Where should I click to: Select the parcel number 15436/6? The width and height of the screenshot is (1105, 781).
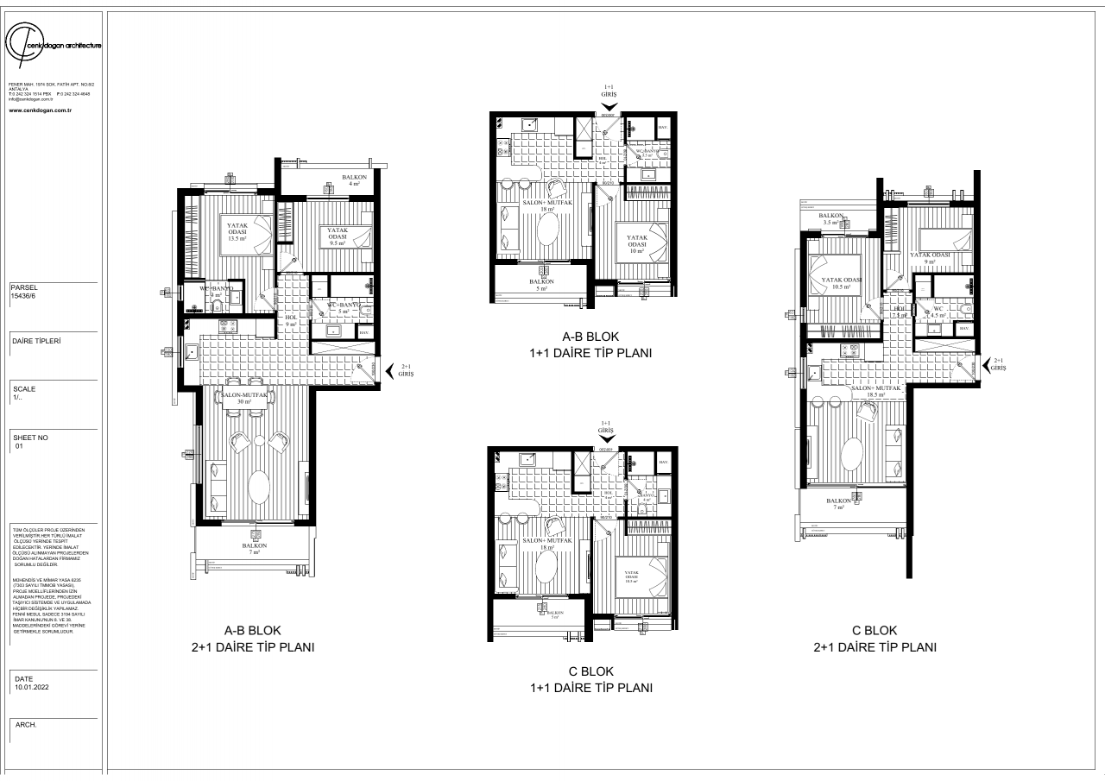[24, 295]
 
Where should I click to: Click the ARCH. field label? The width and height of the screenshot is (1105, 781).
[26, 725]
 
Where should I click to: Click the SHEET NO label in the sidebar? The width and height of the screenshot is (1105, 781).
[31, 438]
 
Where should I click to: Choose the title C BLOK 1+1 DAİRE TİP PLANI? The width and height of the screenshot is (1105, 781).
[590, 680]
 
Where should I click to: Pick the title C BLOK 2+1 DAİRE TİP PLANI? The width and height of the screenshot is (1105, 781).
[875, 639]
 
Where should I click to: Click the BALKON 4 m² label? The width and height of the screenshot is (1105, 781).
[354, 180]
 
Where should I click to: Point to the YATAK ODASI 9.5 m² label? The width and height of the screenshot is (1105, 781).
[336, 236]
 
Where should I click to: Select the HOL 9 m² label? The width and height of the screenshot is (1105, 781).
[290, 320]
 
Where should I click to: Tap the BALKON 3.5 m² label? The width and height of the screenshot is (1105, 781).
[831, 219]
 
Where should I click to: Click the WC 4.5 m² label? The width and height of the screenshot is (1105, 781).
[938, 312]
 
